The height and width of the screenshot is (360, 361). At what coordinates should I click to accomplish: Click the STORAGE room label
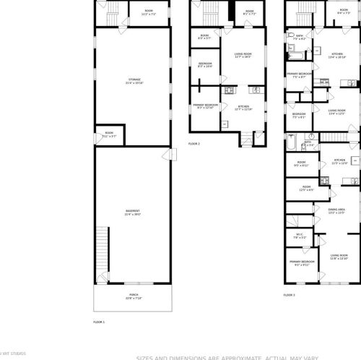134,80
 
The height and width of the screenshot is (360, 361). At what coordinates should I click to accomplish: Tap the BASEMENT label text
132,213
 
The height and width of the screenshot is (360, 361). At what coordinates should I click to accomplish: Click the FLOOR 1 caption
99,321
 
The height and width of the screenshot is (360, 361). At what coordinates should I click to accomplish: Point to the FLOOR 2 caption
193,144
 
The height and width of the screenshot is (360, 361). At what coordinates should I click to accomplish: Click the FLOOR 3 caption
289,295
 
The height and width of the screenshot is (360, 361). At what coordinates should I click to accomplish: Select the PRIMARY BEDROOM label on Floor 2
206,106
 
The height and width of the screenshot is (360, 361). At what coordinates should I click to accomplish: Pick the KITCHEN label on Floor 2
243,109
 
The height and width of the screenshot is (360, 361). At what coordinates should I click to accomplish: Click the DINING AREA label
336,211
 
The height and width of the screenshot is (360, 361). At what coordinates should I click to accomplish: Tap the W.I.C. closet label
300,236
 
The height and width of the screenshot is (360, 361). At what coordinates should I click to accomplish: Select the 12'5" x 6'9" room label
306,189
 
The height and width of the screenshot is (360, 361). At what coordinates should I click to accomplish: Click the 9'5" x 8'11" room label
301,165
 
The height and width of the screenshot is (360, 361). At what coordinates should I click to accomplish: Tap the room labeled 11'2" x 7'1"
149,12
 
